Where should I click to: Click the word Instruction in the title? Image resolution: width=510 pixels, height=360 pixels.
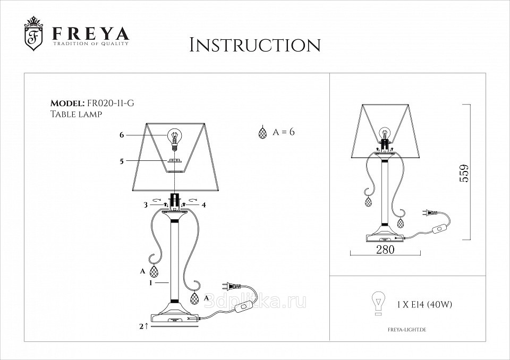[x=255, y=45]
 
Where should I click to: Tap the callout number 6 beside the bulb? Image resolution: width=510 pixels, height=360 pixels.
[x=122, y=135]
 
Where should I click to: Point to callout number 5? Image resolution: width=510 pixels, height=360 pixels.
[x=122, y=161]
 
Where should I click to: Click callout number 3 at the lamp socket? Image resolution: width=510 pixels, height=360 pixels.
[x=146, y=205]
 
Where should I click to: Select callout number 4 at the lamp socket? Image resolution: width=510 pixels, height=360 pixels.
[x=204, y=205]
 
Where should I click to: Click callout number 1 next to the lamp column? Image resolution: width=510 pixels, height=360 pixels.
[x=150, y=283]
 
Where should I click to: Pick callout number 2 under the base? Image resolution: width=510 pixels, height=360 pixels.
[x=141, y=326]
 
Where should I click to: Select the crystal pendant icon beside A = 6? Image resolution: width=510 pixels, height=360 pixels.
[x=262, y=133]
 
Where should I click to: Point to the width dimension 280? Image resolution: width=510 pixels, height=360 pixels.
[x=385, y=250]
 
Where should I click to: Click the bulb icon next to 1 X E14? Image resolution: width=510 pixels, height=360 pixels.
[x=378, y=303]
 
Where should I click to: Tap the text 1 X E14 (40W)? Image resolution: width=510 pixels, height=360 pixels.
[x=424, y=305]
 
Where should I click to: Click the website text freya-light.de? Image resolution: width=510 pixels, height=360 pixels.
[x=407, y=330]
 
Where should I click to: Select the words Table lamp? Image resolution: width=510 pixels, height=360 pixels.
[x=76, y=114]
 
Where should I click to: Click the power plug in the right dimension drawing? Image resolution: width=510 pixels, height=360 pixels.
[x=426, y=213]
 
